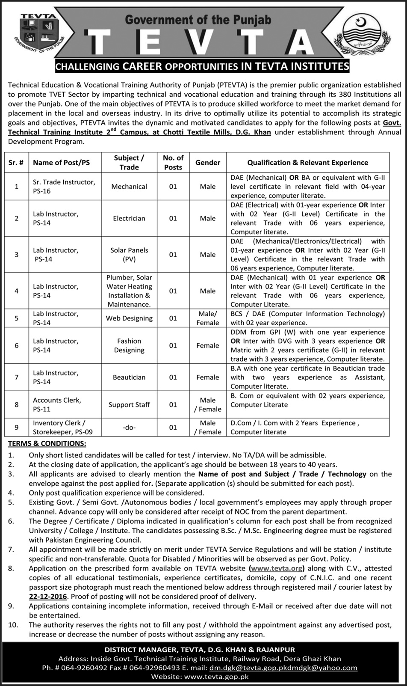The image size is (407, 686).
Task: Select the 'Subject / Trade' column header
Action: [x=129, y=163]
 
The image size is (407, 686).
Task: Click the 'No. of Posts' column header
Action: [x=173, y=163]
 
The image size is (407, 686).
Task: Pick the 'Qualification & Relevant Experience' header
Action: [x=307, y=163]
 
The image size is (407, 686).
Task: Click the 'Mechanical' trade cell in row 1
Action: [x=129, y=187]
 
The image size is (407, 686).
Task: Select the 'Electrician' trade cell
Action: [x=129, y=218]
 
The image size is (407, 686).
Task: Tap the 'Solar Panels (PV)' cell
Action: [x=129, y=255]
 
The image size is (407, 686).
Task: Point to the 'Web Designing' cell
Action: [x=129, y=318]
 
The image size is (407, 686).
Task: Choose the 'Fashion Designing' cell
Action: [x=129, y=346]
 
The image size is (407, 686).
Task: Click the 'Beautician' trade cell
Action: [x=129, y=377]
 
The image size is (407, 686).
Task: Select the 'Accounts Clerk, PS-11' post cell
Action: [x=57, y=404]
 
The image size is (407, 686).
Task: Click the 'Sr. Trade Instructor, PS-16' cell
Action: [x=64, y=187]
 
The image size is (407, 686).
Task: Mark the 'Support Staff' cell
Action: [x=129, y=404]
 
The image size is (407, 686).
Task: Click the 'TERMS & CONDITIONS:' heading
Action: [x=47, y=444]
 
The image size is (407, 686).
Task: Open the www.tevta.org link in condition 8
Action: [x=276, y=568]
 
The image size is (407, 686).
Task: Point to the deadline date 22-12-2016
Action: [x=48, y=597]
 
